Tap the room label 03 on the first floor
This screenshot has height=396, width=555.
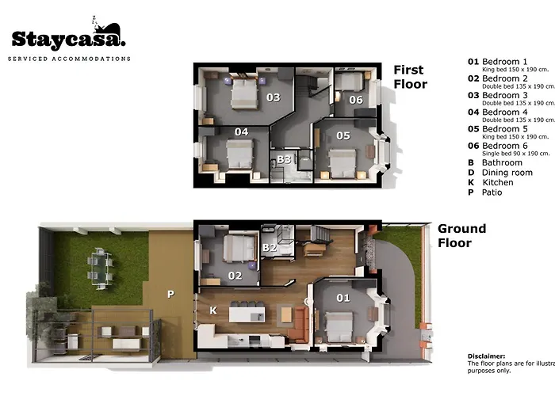pyautogui.click(x=274, y=97)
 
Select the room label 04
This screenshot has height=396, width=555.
pyautogui.click(x=241, y=131)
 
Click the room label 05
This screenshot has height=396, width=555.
pyautogui.click(x=343, y=135)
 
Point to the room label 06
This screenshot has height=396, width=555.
pyautogui.click(x=356, y=100)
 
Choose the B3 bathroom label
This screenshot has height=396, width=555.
pyautogui.click(x=283, y=159)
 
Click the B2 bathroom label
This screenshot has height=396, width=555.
pyautogui.click(x=269, y=248)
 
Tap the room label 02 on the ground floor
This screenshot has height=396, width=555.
pyautogui.click(x=235, y=276)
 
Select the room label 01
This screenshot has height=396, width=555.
pyautogui.click(x=343, y=298)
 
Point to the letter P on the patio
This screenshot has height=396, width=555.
pyautogui.click(x=169, y=293)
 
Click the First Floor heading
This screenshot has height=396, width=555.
pyautogui.click(x=410, y=77)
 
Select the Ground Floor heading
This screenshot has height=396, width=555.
pyautogui.click(x=461, y=236)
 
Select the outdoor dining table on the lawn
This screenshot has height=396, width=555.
pyautogui.click(x=99, y=266)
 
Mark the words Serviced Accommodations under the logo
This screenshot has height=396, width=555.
pyautogui.click(x=69, y=59)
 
